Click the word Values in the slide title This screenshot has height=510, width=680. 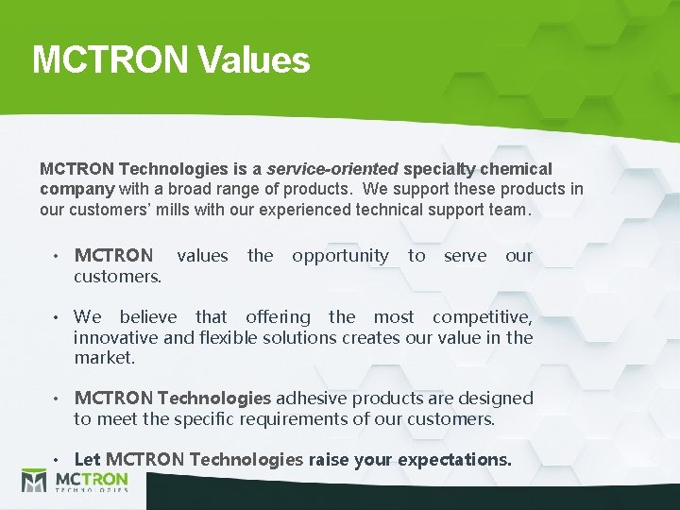254,59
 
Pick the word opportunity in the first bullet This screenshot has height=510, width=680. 340,255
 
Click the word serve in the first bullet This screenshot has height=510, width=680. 465,255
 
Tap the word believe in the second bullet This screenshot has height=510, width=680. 147,317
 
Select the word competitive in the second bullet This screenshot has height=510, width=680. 482,317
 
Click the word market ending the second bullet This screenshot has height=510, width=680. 104,358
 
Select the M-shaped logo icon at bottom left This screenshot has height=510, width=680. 35,482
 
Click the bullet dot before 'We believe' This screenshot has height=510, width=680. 58,318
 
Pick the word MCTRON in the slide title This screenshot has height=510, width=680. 110,59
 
